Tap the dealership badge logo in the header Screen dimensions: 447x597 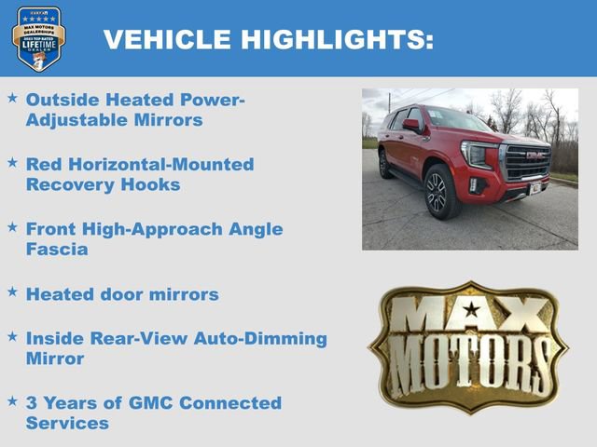[38, 38]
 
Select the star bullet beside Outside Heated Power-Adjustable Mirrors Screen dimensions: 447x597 [12, 98]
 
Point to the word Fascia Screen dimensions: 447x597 [57, 250]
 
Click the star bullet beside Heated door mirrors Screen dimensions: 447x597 [12, 292]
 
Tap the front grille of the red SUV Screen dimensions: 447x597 [527, 162]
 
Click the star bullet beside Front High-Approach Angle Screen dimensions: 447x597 [12, 227]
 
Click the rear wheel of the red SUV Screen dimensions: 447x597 [384, 164]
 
